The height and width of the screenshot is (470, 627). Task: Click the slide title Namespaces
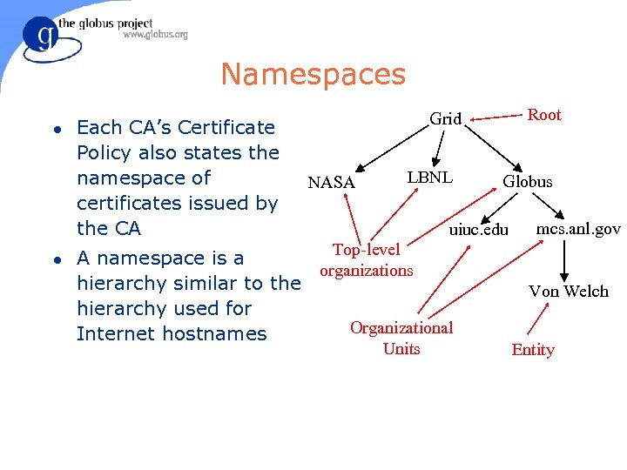click(x=313, y=75)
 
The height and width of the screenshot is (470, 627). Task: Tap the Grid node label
click(x=445, y=119)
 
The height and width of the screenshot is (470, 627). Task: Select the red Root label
click(x=544, y=115)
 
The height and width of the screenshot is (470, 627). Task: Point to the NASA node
click(x=331, y=183)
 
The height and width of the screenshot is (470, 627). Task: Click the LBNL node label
click(x=429, y=177)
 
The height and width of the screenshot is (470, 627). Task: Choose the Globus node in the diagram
click(x=527, y=182)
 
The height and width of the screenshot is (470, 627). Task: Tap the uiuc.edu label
click(x=478, y=230)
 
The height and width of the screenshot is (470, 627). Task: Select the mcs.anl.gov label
click(x=578, y=229)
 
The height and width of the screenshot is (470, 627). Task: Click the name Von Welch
click(x=569, y=292)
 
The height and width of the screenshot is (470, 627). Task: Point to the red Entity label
click(x=533, y=350)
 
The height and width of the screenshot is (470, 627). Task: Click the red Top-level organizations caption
click(x=367, y=260)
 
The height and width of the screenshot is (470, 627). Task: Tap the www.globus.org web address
click(x=155, y=35)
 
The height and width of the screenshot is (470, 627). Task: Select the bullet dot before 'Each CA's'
click(x=56, y=129)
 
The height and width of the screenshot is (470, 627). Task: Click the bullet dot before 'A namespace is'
click(x=56, y=259)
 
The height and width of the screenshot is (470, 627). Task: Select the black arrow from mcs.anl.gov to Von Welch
click(x=565, y=258)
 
